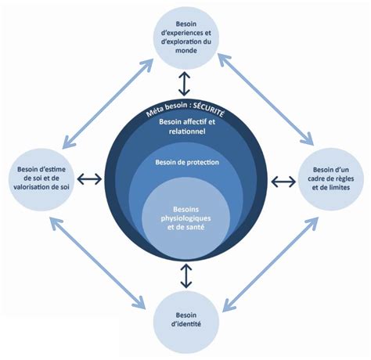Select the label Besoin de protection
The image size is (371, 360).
pyautogui.click(x=187, y=162)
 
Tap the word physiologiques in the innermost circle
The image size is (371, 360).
pyautogui.click(x=185, y=218)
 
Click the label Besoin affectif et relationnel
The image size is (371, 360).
pyautogui.click(x=187, y=127)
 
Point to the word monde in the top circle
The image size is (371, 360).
pyautogui.click(x=185, y=50)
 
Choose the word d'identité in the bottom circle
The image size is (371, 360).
pyautogui.click(x=186, y=324)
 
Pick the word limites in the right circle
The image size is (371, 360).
pyautogui.click(x=339, y=187)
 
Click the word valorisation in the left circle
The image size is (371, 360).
pyautogui.click(x=33, y=187)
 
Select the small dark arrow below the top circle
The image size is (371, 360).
pyautogui.click(x=184, y=84)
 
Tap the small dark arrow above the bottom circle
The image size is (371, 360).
pyautogui.click(x=185, y=276)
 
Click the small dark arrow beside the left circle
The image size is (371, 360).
pyautogui.click(x=89, y=179)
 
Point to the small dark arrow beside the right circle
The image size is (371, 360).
pyautogui.click(x=283, y=182)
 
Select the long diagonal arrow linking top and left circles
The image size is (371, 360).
pyautogui.click(x=108, y=104)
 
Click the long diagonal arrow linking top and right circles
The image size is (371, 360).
pyautogui.click(x=265, y=99)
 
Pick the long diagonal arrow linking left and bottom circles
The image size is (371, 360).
pyautogui.click(x=98, y=264)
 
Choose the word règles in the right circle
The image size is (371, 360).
pyautogui.click(x=345, y=178)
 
